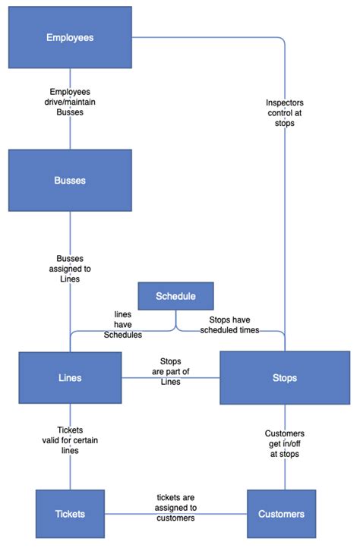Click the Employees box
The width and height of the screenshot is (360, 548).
point(70,38)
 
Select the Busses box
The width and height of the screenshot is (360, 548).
point(70,180)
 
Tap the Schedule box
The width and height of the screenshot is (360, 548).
point(175,296)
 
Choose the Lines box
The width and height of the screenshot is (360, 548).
point(70,377)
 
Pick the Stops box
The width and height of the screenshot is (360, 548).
point(285,377)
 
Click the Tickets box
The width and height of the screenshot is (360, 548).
point(70,514)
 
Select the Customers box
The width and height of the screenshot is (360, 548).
point(281,514)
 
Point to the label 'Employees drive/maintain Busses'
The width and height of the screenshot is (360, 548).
point(70,101)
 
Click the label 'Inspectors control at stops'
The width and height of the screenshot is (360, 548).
point(285,112)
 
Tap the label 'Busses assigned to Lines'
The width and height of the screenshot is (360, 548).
point(70,268)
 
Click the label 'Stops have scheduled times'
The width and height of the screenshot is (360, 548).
point(229,324)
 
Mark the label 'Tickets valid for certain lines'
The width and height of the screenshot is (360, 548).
point(70,439)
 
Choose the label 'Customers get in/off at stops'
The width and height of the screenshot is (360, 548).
point(285,443)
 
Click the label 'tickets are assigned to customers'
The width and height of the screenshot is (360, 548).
point(176,508)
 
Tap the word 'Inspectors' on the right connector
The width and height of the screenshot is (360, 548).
point(285,102)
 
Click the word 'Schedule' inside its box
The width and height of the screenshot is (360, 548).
point(175,296)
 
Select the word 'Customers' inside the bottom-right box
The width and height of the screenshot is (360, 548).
point(281,514)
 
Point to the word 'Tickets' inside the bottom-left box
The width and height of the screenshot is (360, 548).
point(70,514)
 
